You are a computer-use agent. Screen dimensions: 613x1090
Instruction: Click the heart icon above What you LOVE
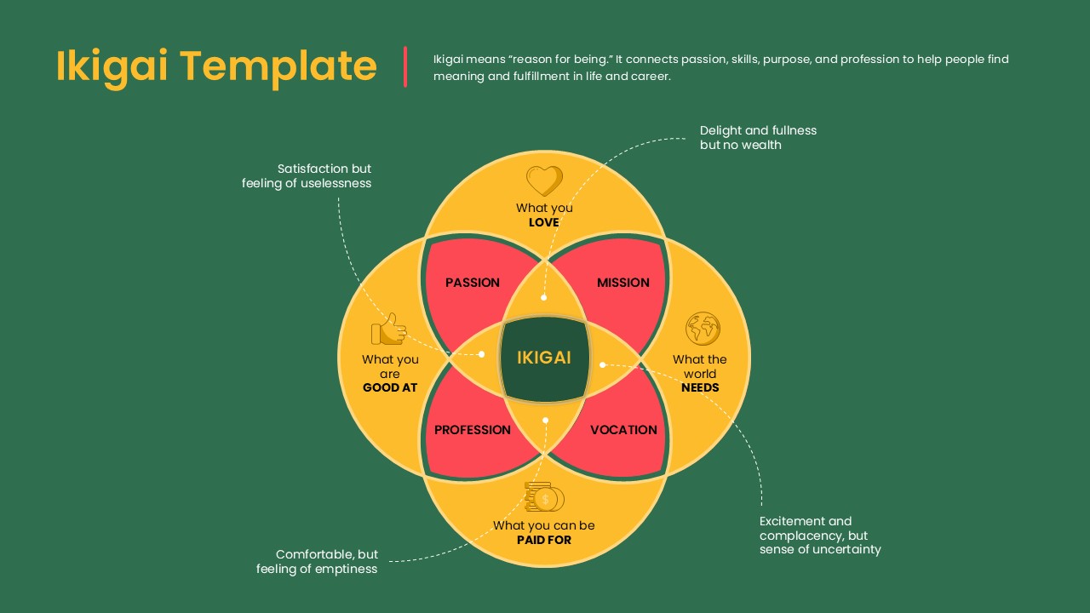[x=544, y=180]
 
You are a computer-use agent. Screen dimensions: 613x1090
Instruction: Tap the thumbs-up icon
[x=388, y=329]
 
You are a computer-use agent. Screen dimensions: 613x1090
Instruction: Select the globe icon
[x=703, y=329]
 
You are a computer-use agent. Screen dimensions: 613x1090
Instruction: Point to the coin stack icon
[x=544, y=497]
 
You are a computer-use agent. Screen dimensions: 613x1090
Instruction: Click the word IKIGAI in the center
[x=544, y=358]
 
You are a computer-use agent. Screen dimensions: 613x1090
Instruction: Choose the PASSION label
[x=473, y=283]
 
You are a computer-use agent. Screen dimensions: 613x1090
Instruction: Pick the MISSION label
[x=623, y=283]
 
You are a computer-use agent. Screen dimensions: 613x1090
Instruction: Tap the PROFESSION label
[x=473, y=430]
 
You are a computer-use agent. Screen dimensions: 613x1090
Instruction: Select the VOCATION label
[x=623, y=430]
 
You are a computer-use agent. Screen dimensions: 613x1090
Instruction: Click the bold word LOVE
[x=544, y=223]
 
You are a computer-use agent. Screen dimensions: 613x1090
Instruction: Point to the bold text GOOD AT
[x=390, y=388]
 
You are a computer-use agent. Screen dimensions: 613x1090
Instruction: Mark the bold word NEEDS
[x=700, y=388]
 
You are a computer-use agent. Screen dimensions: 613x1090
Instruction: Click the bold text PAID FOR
[x=544, y=540]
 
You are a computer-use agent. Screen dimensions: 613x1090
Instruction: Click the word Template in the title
[x=278, y=66]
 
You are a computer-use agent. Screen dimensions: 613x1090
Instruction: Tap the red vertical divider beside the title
[x=405, y=66]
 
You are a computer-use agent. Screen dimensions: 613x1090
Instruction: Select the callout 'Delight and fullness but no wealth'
[x=758, y=138]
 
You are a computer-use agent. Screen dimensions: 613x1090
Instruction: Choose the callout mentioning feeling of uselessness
[x=307, y=176]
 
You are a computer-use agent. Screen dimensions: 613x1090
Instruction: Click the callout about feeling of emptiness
[x=317, y=562]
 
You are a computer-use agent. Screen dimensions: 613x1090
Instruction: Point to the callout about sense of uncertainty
[x=820, y=536]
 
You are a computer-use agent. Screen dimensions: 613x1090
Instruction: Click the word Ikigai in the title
[x=112, y=66]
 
